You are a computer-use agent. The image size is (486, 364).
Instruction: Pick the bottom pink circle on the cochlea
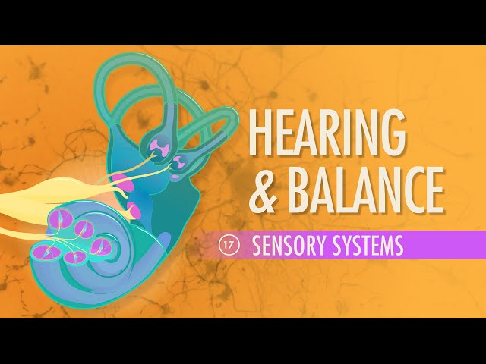[74, 257]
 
